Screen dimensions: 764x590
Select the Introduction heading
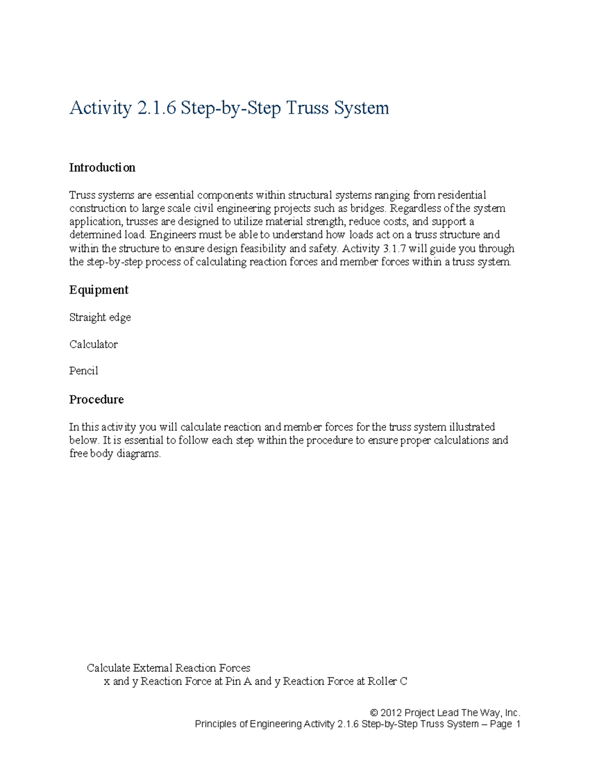pos(102,168)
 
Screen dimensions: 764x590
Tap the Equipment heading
pos(99,290)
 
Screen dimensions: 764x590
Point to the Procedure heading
pos(96,399)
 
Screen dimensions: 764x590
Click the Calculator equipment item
pos(93,344)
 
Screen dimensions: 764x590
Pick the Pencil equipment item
pos(84,371)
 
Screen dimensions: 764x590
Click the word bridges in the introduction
pos(368,208)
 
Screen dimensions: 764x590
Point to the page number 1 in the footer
pos(517,724)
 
